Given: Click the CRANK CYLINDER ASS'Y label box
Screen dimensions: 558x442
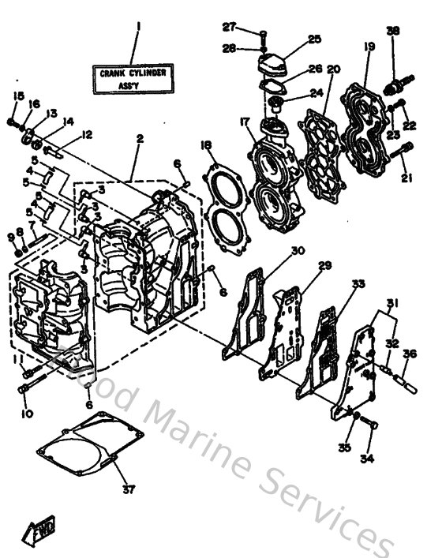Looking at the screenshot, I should pyautogui.click(x=134, y=77).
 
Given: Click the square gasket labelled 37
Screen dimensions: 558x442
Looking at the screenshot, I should pyautogui.click(x=92, y=450).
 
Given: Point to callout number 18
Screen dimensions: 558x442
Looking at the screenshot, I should pyautogui.click(x=206, y=145).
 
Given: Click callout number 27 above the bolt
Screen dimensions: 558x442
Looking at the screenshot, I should pyautogui.click(x=229, y=27).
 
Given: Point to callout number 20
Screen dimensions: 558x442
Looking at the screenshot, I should pyautogui.click(x=333, y=69).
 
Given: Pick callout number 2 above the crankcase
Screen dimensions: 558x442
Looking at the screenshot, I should pyautogui.click(x=139, y=139).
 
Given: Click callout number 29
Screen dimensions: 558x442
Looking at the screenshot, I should pyautogui.click(x=324, y=267).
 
